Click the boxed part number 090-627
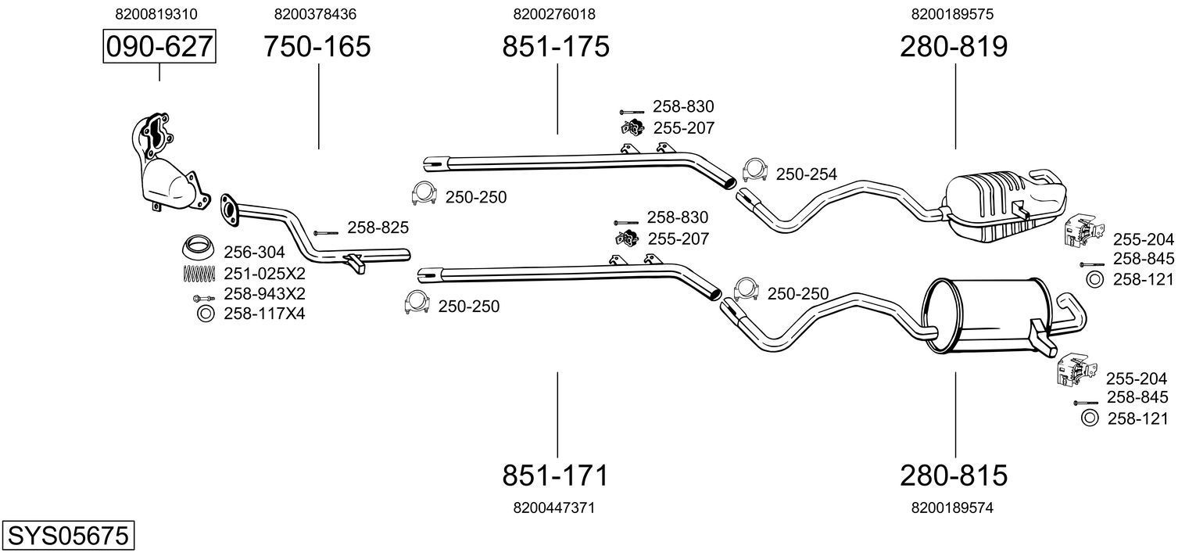tap(159, 47)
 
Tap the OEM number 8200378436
tap(316, 14)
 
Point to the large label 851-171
tap(555, 475)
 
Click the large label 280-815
tap(954, 475)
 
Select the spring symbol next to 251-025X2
tap(199, 274)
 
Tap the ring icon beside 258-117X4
tap(206, 314)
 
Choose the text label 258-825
tap(378, 228)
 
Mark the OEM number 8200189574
tap(952, 508)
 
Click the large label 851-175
tap(555, 47)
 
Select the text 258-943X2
tap(264, 294)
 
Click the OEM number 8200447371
tap(554, 508)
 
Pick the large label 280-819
tap(954, 47)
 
